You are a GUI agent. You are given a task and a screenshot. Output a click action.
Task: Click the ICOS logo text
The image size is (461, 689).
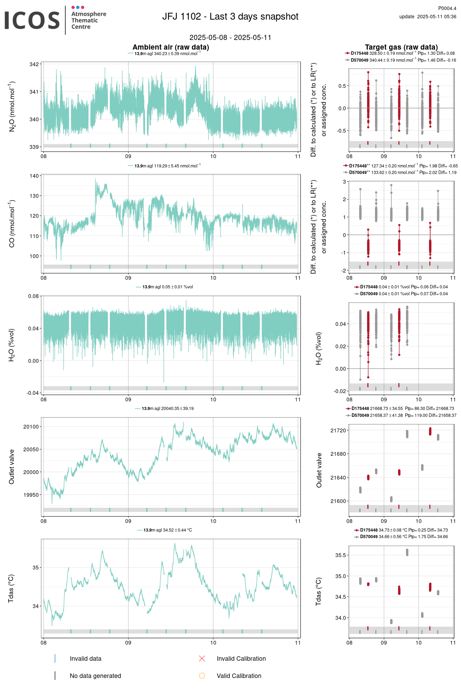coord(32,20)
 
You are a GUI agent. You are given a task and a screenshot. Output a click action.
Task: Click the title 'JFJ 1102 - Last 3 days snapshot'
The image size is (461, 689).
coord(230,17)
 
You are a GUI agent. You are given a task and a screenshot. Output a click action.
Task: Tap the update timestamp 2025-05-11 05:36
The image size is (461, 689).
coord(437,17)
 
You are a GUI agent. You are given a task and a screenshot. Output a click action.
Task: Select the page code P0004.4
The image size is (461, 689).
coord(447,8)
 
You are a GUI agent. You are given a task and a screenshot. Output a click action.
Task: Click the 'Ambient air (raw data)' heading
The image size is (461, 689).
coord(171,47)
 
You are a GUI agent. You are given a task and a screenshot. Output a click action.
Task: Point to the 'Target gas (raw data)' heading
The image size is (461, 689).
coord(401,47)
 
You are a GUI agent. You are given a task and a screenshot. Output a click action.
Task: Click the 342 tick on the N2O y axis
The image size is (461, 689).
coord(34,64)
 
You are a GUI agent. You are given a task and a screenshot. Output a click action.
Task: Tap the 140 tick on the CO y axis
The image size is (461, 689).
coord(34,176)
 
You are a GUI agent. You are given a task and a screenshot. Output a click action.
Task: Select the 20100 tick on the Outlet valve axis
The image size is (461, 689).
coord(31,427)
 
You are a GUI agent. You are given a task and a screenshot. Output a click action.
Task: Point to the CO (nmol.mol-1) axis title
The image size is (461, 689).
coord(12,223)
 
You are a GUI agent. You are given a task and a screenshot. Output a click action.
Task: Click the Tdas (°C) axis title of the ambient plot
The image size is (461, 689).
coord(11,588)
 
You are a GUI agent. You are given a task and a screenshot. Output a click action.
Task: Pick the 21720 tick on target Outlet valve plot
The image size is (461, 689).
coord(338,431)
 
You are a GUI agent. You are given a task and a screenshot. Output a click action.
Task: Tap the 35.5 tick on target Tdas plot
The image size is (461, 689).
coord(341,555)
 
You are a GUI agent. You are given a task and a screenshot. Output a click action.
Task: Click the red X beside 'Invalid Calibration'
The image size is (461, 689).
coord(202,659)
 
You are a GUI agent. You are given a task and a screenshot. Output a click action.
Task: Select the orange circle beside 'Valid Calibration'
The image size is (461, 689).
coord(202,676)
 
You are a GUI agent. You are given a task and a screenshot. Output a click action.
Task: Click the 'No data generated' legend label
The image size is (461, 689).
coord(95,676)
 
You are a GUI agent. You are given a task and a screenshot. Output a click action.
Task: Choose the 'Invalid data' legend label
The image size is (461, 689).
coord(86,659)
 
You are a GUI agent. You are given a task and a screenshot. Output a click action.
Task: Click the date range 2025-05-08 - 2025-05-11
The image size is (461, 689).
coord(230,38)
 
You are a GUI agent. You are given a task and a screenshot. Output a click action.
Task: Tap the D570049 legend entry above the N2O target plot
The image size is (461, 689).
coord(401,60)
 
